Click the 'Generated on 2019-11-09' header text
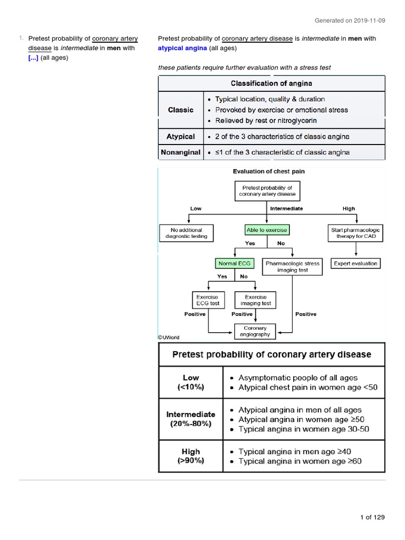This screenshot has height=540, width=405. tap(350, 21)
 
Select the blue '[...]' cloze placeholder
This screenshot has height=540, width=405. tap(33, 57)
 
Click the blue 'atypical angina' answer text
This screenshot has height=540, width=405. tap(182, 48)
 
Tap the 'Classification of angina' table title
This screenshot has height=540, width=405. tap(271, 83)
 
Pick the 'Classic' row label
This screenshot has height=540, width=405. tap(180, 110)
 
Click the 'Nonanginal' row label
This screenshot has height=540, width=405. tap(180, 152)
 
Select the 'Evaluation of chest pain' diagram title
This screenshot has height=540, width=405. tap(269, 171)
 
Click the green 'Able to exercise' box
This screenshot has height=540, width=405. tap(267, 230)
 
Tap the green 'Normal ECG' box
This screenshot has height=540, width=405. tap(234, 263)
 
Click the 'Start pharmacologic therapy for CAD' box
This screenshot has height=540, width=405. tap(355, 234)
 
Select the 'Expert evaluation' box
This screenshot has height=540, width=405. tap(355, 263)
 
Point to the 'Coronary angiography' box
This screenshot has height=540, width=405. tap(255, 331)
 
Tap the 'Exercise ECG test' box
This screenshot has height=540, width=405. tap(207, 300)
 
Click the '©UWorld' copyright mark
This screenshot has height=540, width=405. tap(169, 337)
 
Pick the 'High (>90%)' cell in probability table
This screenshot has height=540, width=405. tap(190, 456)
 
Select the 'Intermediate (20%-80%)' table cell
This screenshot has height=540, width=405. tap(190, 419)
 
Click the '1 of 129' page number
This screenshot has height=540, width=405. tap(372, 517)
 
